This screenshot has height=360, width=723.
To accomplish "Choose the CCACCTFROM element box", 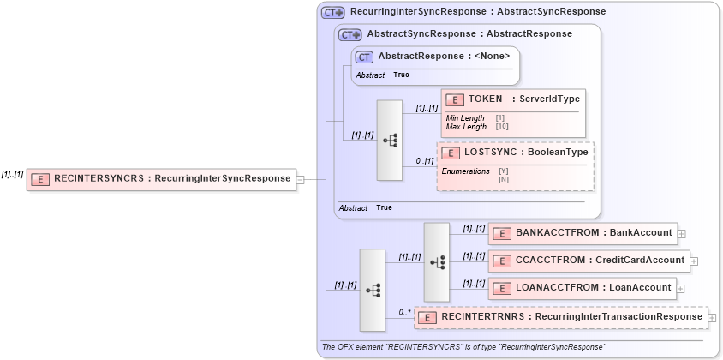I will (588, 260).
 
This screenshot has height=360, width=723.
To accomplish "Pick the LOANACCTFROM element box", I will (582, 287).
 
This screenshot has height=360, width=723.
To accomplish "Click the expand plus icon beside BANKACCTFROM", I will (681, 233).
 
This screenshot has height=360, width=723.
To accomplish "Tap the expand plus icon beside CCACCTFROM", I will (694, 261).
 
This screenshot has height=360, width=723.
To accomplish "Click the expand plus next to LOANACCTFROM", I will (681, 288).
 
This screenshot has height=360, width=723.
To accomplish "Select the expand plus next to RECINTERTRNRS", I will (712, 318).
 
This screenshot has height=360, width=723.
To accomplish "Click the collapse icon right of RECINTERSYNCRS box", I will (300, 179).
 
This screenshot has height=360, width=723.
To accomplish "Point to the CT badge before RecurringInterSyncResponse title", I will (332, 12).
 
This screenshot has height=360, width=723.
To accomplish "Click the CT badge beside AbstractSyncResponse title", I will (350, 34).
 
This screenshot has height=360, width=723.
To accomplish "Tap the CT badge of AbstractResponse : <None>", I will (364, 57).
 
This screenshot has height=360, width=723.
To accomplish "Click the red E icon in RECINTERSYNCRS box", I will (39, 179).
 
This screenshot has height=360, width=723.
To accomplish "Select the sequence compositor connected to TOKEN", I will (390, 141).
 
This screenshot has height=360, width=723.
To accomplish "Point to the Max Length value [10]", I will (502, 127).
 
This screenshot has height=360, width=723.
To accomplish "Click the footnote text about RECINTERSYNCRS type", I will (463, 347).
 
